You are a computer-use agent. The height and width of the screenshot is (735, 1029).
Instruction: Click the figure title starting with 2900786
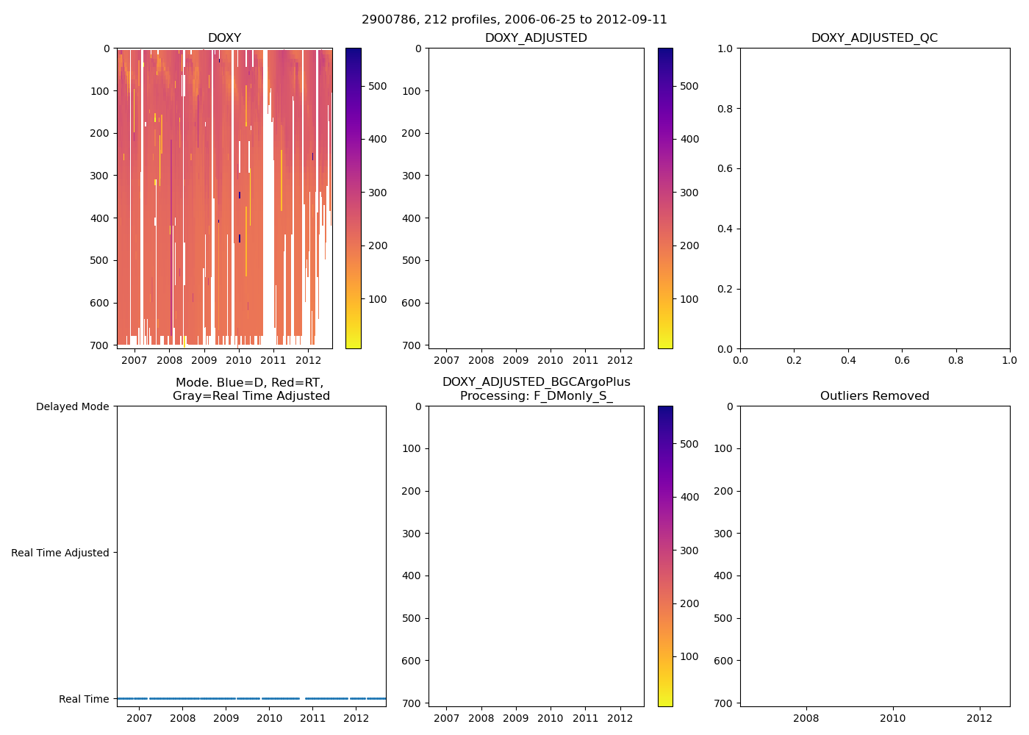(x=514, y=20)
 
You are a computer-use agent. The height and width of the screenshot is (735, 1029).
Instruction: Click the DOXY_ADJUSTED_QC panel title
(x=874, y=38)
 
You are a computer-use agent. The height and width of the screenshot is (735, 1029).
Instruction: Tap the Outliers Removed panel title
(x=874, y=396)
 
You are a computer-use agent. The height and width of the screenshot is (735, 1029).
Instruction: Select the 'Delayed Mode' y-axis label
(x=72, y=406)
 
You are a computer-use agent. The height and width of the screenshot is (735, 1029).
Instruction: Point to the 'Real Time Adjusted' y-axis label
(x=60, y=553)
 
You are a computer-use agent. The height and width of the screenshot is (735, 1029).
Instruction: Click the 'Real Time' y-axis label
(x=84, y=699)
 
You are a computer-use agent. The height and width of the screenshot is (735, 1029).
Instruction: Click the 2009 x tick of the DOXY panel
(x=204, y=360)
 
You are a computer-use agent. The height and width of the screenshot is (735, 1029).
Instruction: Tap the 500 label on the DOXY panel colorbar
(x=377, y=86)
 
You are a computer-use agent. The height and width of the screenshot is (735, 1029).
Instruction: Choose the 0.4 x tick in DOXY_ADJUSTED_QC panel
(x=848, y=360)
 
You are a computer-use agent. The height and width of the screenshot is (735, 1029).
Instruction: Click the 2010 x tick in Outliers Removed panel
(x=893, y=718)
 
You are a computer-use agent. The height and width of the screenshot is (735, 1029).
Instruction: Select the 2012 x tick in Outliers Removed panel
(x=979, y=718)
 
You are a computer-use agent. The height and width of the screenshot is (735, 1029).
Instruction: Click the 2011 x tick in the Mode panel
(x=312, y=718)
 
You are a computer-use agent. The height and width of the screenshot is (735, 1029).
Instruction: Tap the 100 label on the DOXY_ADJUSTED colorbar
(x=689, y=299)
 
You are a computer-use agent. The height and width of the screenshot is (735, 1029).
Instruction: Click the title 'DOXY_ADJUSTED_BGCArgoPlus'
(x=536, y=382)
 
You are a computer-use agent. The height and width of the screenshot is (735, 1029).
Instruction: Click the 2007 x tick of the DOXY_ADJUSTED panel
(x=446, y=360)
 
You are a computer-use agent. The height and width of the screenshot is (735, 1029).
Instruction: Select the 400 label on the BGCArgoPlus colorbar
(x=689, y=497)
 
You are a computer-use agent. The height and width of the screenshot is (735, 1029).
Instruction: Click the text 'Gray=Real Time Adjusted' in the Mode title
(x=251, y=396)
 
